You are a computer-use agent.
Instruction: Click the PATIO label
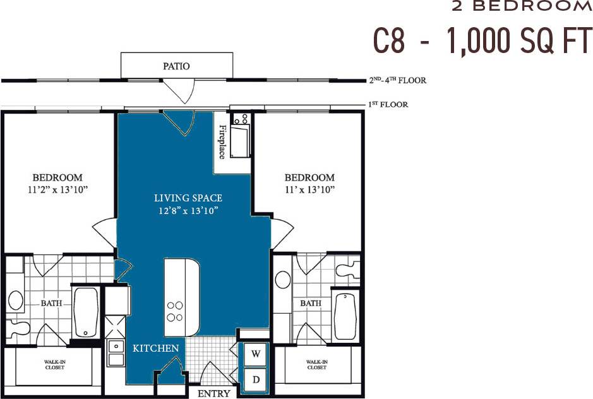176,66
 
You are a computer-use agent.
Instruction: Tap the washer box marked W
256,354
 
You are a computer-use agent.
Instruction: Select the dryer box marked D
256,379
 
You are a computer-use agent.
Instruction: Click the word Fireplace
222,142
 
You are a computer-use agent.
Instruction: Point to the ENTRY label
213,393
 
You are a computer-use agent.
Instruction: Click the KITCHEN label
155,348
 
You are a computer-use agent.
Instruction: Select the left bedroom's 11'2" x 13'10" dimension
57,189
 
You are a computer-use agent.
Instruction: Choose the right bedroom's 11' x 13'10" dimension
309,189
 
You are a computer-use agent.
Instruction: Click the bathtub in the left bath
86,313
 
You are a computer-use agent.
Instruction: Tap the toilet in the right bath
348,270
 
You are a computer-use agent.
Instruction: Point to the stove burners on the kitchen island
175,311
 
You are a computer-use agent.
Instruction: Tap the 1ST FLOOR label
388,104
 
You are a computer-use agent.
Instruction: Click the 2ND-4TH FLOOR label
397,80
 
